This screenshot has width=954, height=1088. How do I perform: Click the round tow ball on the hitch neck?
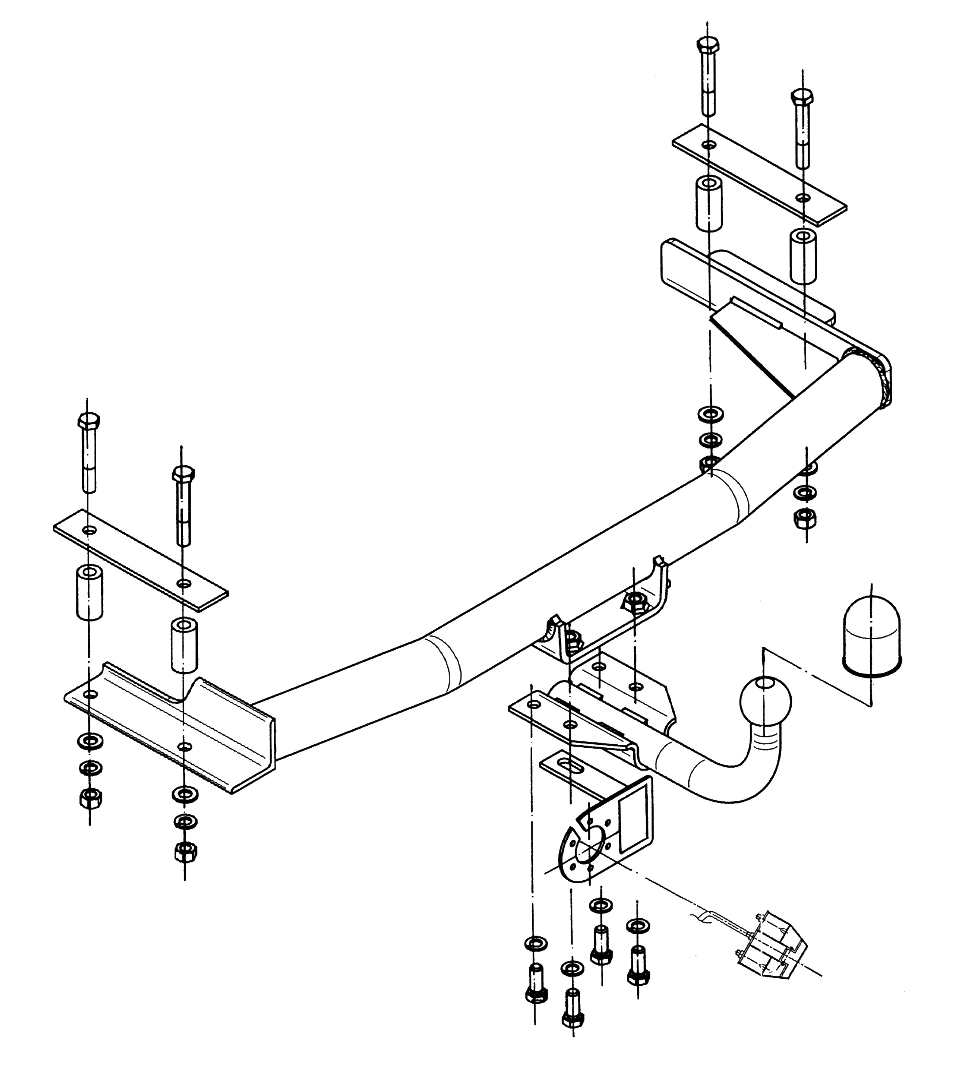click(765, 701)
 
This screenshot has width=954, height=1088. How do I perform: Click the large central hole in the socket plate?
click(586, 854)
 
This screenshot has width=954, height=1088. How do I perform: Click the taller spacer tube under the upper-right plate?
click(709, 204)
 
